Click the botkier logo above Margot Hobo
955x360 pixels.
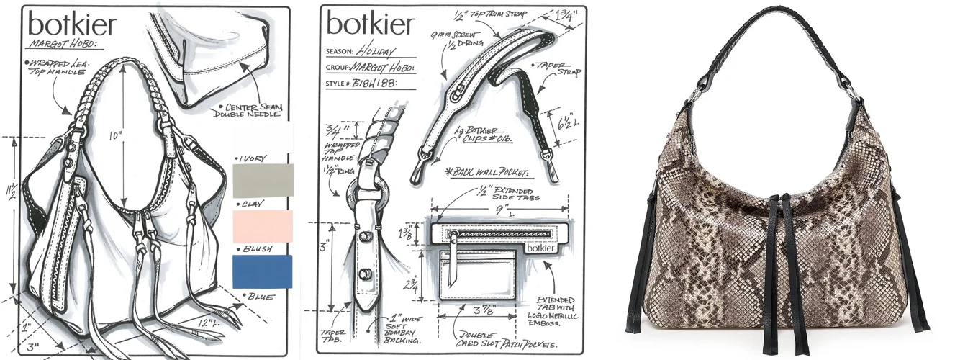pyautogui.click(x=71, y=25)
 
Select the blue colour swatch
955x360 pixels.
pyautogui.click(x=263, y=272)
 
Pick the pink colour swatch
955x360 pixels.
pyautogui.click(x=263, y=226)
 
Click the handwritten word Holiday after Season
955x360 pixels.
pyautogui.click(x=375, y=52)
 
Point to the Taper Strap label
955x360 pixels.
pyautogui.click(x=553, y=69)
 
